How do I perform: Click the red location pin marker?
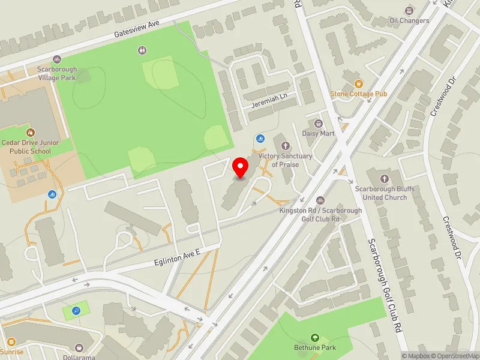coord(240,168)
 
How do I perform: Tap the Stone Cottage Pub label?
coord(359,94)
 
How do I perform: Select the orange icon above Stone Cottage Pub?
coord(359,84)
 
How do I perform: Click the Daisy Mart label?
coord(318,133)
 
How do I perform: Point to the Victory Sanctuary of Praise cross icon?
coord(285,145)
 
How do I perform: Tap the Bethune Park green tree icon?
coord(315,338)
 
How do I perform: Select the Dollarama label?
coord(80,356)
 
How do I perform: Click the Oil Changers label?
coord(409,20)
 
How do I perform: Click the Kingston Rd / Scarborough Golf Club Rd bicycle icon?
coord(320,200)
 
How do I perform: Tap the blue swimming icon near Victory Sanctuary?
coord(260,139)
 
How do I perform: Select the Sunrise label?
coord(11,352)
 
